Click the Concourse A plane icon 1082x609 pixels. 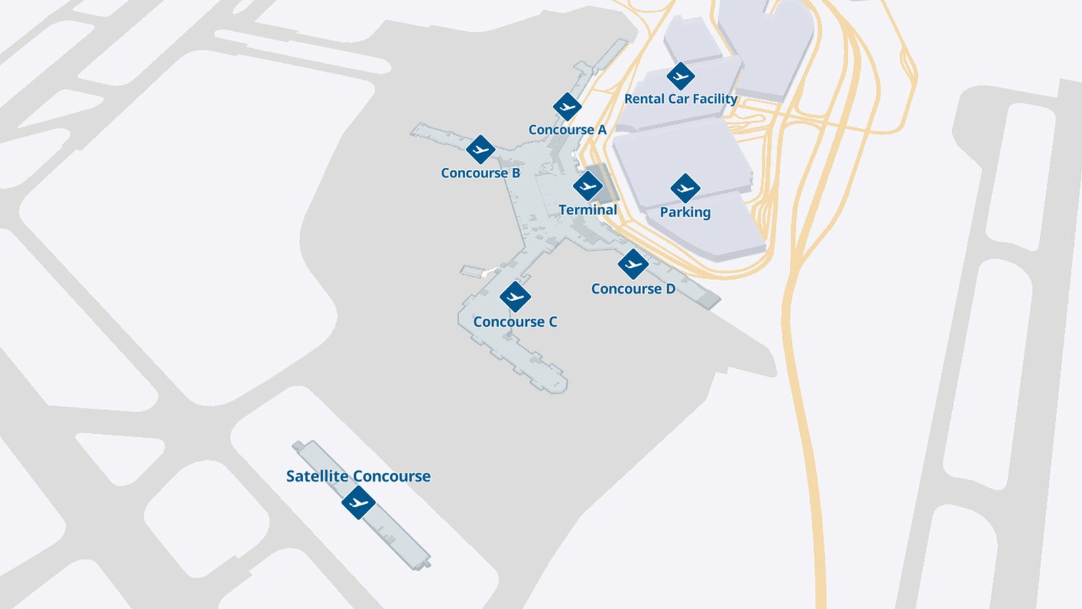567,107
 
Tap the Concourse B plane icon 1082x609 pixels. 480,150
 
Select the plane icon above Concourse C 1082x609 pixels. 515,296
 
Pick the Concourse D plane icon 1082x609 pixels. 633,264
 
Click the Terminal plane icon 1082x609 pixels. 587,186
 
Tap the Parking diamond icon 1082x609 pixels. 685,188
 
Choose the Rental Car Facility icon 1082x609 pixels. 680,76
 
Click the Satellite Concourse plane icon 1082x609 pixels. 358,502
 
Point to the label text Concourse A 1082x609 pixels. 567,130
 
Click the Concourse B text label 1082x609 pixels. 480,173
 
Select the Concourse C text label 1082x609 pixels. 515,322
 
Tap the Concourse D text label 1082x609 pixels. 633,289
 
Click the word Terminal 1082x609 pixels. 588,210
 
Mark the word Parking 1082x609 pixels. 685,212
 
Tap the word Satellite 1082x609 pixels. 317,476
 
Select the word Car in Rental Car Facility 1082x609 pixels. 678,99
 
